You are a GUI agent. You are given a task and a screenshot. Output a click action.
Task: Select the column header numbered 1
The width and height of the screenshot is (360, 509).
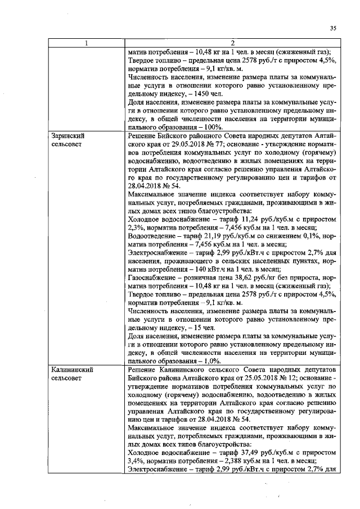pos(87,43)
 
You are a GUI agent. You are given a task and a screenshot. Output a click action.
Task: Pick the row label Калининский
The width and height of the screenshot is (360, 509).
pos(71,370)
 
